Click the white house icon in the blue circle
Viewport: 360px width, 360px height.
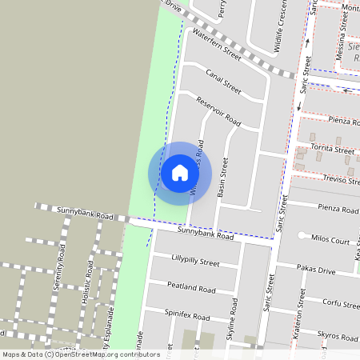click(x=179, y=173)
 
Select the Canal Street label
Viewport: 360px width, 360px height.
click(x=223, y=81)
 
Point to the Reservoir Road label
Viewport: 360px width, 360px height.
click(x=218, y=110)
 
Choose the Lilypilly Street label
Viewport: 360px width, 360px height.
click(x=195, y=262)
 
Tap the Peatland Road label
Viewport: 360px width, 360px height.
click(x=191, y=287)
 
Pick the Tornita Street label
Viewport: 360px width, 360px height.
click(x=332, y=150)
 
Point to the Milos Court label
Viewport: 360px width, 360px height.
click(x=330, y=241)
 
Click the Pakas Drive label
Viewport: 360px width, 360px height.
click(x=315, y=271)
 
